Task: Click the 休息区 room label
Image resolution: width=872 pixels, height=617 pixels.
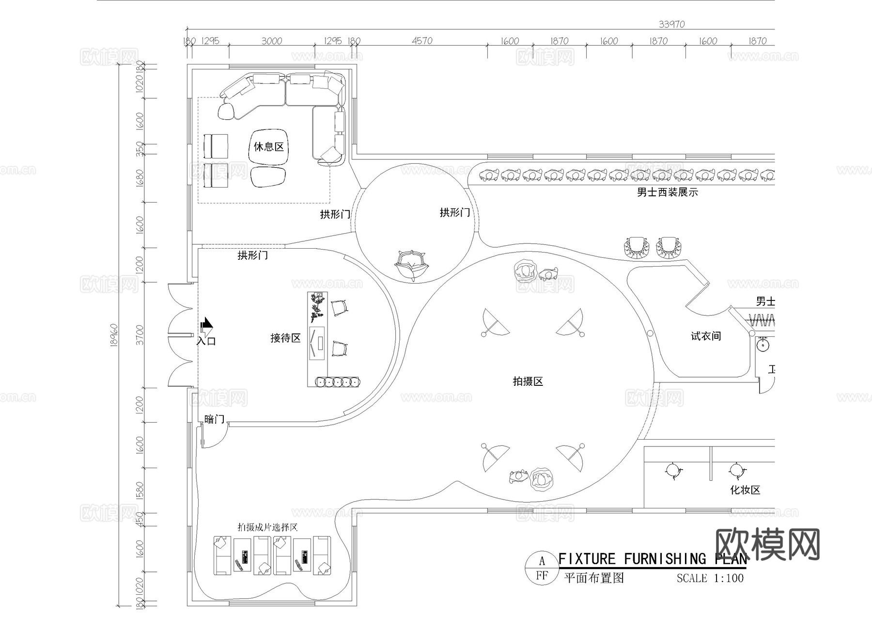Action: (x=268, y=146)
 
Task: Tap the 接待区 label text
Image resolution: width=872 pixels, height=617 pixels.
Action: (x=285, y=338)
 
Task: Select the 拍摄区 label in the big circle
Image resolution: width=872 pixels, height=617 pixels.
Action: (x=528, y=381)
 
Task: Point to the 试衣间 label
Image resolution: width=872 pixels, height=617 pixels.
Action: (x=705, y=336)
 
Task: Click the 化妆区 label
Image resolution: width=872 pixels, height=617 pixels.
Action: (x=745, y=490)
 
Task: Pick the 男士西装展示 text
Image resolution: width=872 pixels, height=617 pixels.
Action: (x=667, y=192)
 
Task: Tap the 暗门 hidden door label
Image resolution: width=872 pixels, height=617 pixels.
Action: (x=214, y=419)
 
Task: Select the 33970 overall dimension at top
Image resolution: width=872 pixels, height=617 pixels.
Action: (x=671, y=24)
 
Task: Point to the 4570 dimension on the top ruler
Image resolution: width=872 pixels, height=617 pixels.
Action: (x=422, y=41)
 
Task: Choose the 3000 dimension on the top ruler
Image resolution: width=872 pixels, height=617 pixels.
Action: (x=271, y=41)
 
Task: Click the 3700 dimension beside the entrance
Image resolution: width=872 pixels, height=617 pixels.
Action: (x=140, y=335)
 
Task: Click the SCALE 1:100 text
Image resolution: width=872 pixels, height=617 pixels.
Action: (x=710, y=578)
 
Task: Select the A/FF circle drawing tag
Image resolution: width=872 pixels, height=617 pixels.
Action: (x=542, y=568)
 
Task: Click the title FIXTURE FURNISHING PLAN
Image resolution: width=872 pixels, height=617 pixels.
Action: (x=652, y=559)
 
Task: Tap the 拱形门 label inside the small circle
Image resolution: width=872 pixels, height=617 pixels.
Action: (x=454, y=212)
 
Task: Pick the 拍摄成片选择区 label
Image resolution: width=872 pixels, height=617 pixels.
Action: (x=267, y=527)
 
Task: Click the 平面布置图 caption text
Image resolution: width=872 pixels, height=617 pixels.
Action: (x=594, y=578)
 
